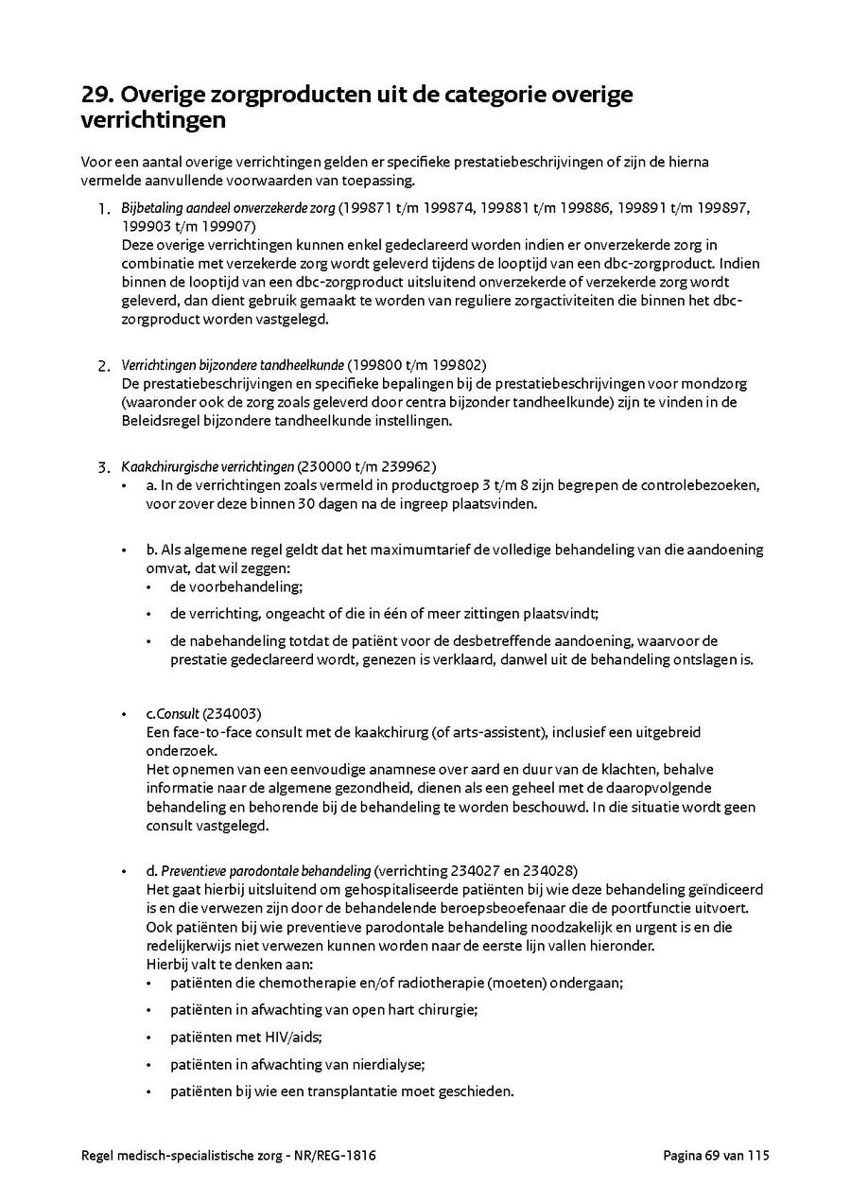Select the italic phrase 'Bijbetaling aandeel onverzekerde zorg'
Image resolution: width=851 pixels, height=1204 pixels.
pos(228,208)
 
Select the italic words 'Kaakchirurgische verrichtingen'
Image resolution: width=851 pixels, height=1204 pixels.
pos(207,466)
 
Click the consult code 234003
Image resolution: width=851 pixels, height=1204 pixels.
pos(235,713)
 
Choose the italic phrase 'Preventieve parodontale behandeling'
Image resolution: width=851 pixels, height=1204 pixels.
pos(266,870)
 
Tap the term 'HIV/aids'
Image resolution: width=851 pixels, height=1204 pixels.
pos(264,1037)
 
